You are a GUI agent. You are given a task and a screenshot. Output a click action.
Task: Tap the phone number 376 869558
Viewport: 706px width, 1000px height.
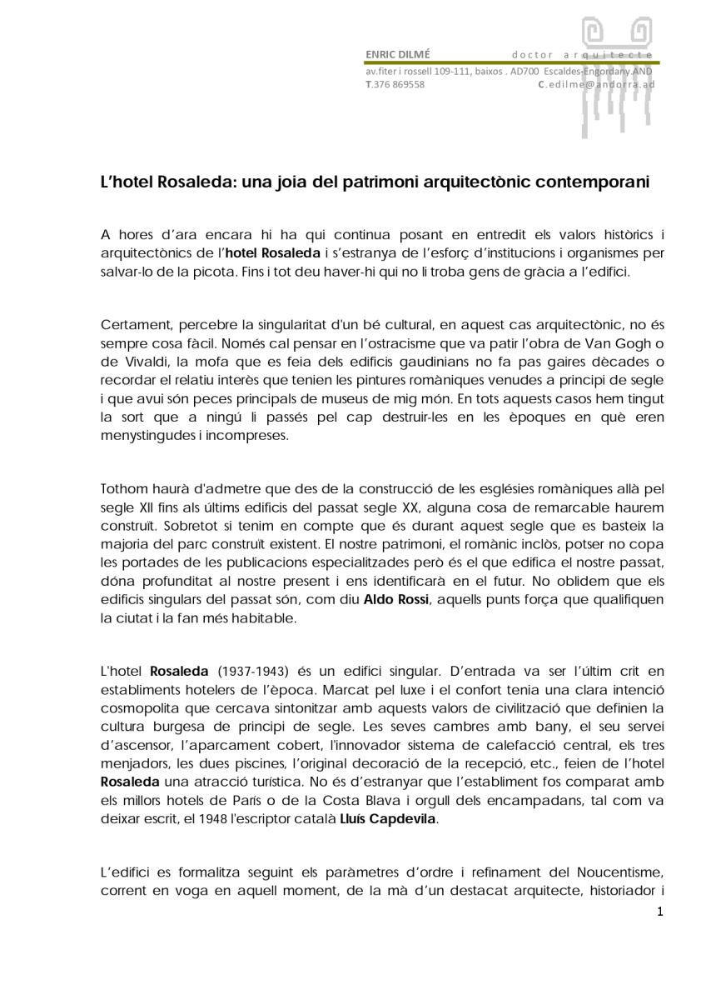coord(398,84)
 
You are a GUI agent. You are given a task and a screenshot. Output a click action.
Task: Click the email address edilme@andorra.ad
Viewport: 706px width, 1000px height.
coord(599,84)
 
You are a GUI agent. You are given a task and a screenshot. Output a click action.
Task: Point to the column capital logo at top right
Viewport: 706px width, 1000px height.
coord(616,67)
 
